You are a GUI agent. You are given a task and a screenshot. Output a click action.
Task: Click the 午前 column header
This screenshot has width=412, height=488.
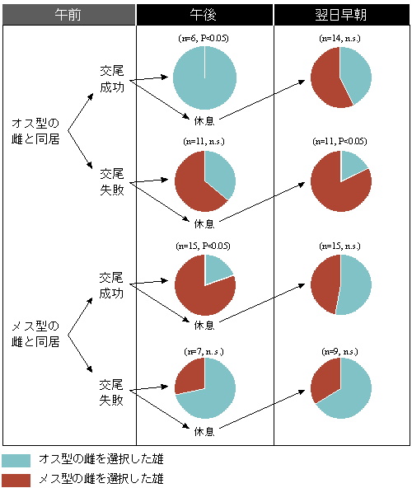(68, 15)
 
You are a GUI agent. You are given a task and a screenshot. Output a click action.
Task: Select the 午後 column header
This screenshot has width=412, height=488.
(204, 15)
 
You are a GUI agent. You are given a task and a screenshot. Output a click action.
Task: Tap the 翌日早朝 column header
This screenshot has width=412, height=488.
(341, 15)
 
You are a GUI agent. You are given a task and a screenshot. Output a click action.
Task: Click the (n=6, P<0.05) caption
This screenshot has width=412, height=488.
(204, 38)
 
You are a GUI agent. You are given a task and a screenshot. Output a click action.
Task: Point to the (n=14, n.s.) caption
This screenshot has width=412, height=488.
(339, 38)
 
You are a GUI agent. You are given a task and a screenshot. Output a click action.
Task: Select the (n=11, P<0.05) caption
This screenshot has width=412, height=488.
(339, 141)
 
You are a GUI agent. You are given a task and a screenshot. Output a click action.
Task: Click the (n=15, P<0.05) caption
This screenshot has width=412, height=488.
(204, 246)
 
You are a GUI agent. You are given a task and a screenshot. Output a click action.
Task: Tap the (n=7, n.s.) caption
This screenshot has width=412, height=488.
(204, 352)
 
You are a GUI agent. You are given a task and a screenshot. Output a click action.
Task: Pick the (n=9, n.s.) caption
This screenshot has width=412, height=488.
(339, 352)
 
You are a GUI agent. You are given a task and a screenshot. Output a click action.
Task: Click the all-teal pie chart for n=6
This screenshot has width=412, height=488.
(204, 77)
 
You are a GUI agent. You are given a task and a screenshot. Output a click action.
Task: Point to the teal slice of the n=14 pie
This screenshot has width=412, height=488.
(356, 75)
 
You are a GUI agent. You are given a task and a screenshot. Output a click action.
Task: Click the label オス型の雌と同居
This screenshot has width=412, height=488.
(35, 131)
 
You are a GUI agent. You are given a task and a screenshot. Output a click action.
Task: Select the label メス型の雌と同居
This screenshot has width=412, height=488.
(35, 334)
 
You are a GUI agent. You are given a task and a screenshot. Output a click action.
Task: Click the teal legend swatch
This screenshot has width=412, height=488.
(16, 461)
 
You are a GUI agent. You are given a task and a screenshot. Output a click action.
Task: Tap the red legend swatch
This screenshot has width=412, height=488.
(16, 481)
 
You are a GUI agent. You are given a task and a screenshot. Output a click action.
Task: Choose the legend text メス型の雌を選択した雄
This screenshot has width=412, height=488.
(101, 479)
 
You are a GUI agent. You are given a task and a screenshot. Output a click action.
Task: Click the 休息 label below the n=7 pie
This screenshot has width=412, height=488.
(204, 431)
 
